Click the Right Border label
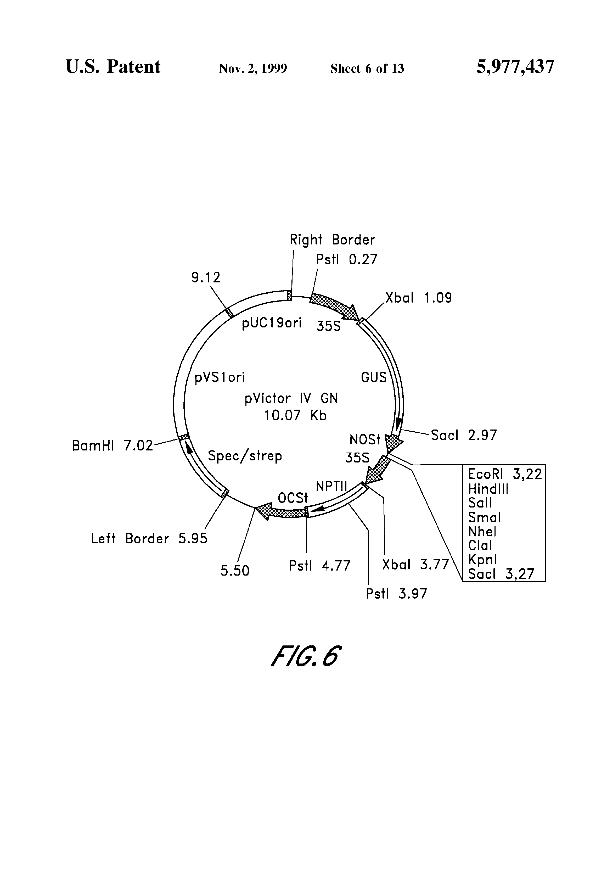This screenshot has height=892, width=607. click(332, 240)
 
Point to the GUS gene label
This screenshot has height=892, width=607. click(374, 377)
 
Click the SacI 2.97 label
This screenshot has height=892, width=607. click(464, 435)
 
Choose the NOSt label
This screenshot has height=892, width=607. click(364, 439)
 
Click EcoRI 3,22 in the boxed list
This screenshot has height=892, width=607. click(504, 475)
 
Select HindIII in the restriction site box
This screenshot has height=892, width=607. click(488, 489)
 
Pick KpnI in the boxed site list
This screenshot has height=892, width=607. click(482, 560)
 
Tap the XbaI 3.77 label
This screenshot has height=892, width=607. click(415, 565)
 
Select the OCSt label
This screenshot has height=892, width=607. click(293, 498)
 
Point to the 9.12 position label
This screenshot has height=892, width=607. click(206, 277)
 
